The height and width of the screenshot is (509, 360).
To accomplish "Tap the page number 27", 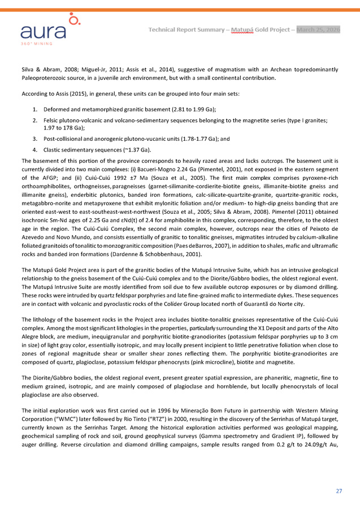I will pos(339,491).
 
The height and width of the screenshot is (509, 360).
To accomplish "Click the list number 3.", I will pos(35,139).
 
